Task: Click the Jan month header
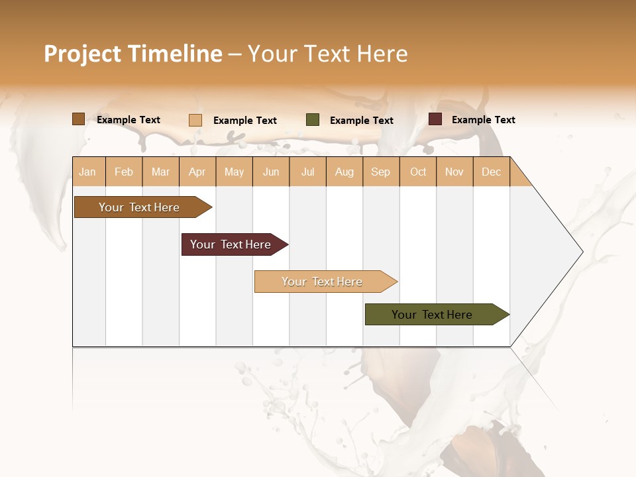tap(87, 172)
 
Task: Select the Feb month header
tap(124, 172)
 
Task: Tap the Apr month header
tap(197, 172)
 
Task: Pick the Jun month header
tap(271, 172)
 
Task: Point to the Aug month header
tap(344, 172)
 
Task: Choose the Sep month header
tap(380, 172)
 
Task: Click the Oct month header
tap(418, 172)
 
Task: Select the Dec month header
tap(491, 172)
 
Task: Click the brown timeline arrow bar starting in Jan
tap(139, 207)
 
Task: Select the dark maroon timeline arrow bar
tap(231, 244)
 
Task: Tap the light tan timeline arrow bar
tap(322, 282)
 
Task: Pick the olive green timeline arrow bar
tap(432, 315)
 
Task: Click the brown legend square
tap(78, 119)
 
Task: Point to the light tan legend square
tap(195, 120)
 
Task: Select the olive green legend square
tap(313, 120)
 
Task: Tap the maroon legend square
tap(435, 119)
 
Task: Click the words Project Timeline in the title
tap(132, 54)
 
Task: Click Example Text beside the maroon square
tap(483, 120)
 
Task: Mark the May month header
tap(234, 172)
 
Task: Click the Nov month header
tap(454, 172)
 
